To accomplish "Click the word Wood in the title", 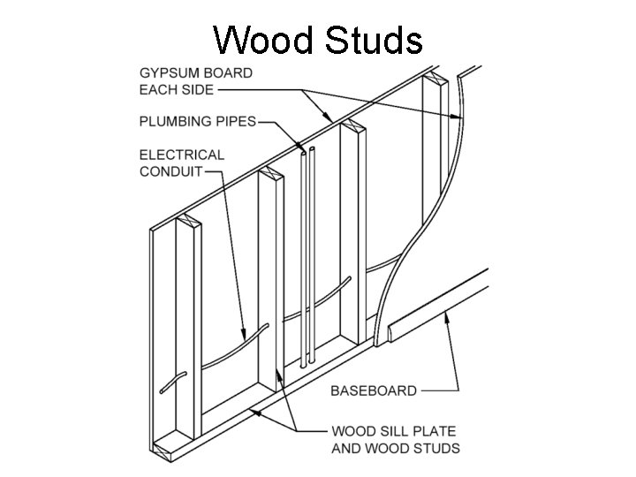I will (266, 40).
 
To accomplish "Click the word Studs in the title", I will (370, 40).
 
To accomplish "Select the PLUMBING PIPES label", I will (198, 122).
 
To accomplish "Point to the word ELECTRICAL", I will (182, 155).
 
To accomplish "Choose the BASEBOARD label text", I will (374, 390).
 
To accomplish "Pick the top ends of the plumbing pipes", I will (306, 153).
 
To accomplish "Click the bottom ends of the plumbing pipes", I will (306, 363).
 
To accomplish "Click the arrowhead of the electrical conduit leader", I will (245, 335).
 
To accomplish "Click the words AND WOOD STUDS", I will (395, 449).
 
